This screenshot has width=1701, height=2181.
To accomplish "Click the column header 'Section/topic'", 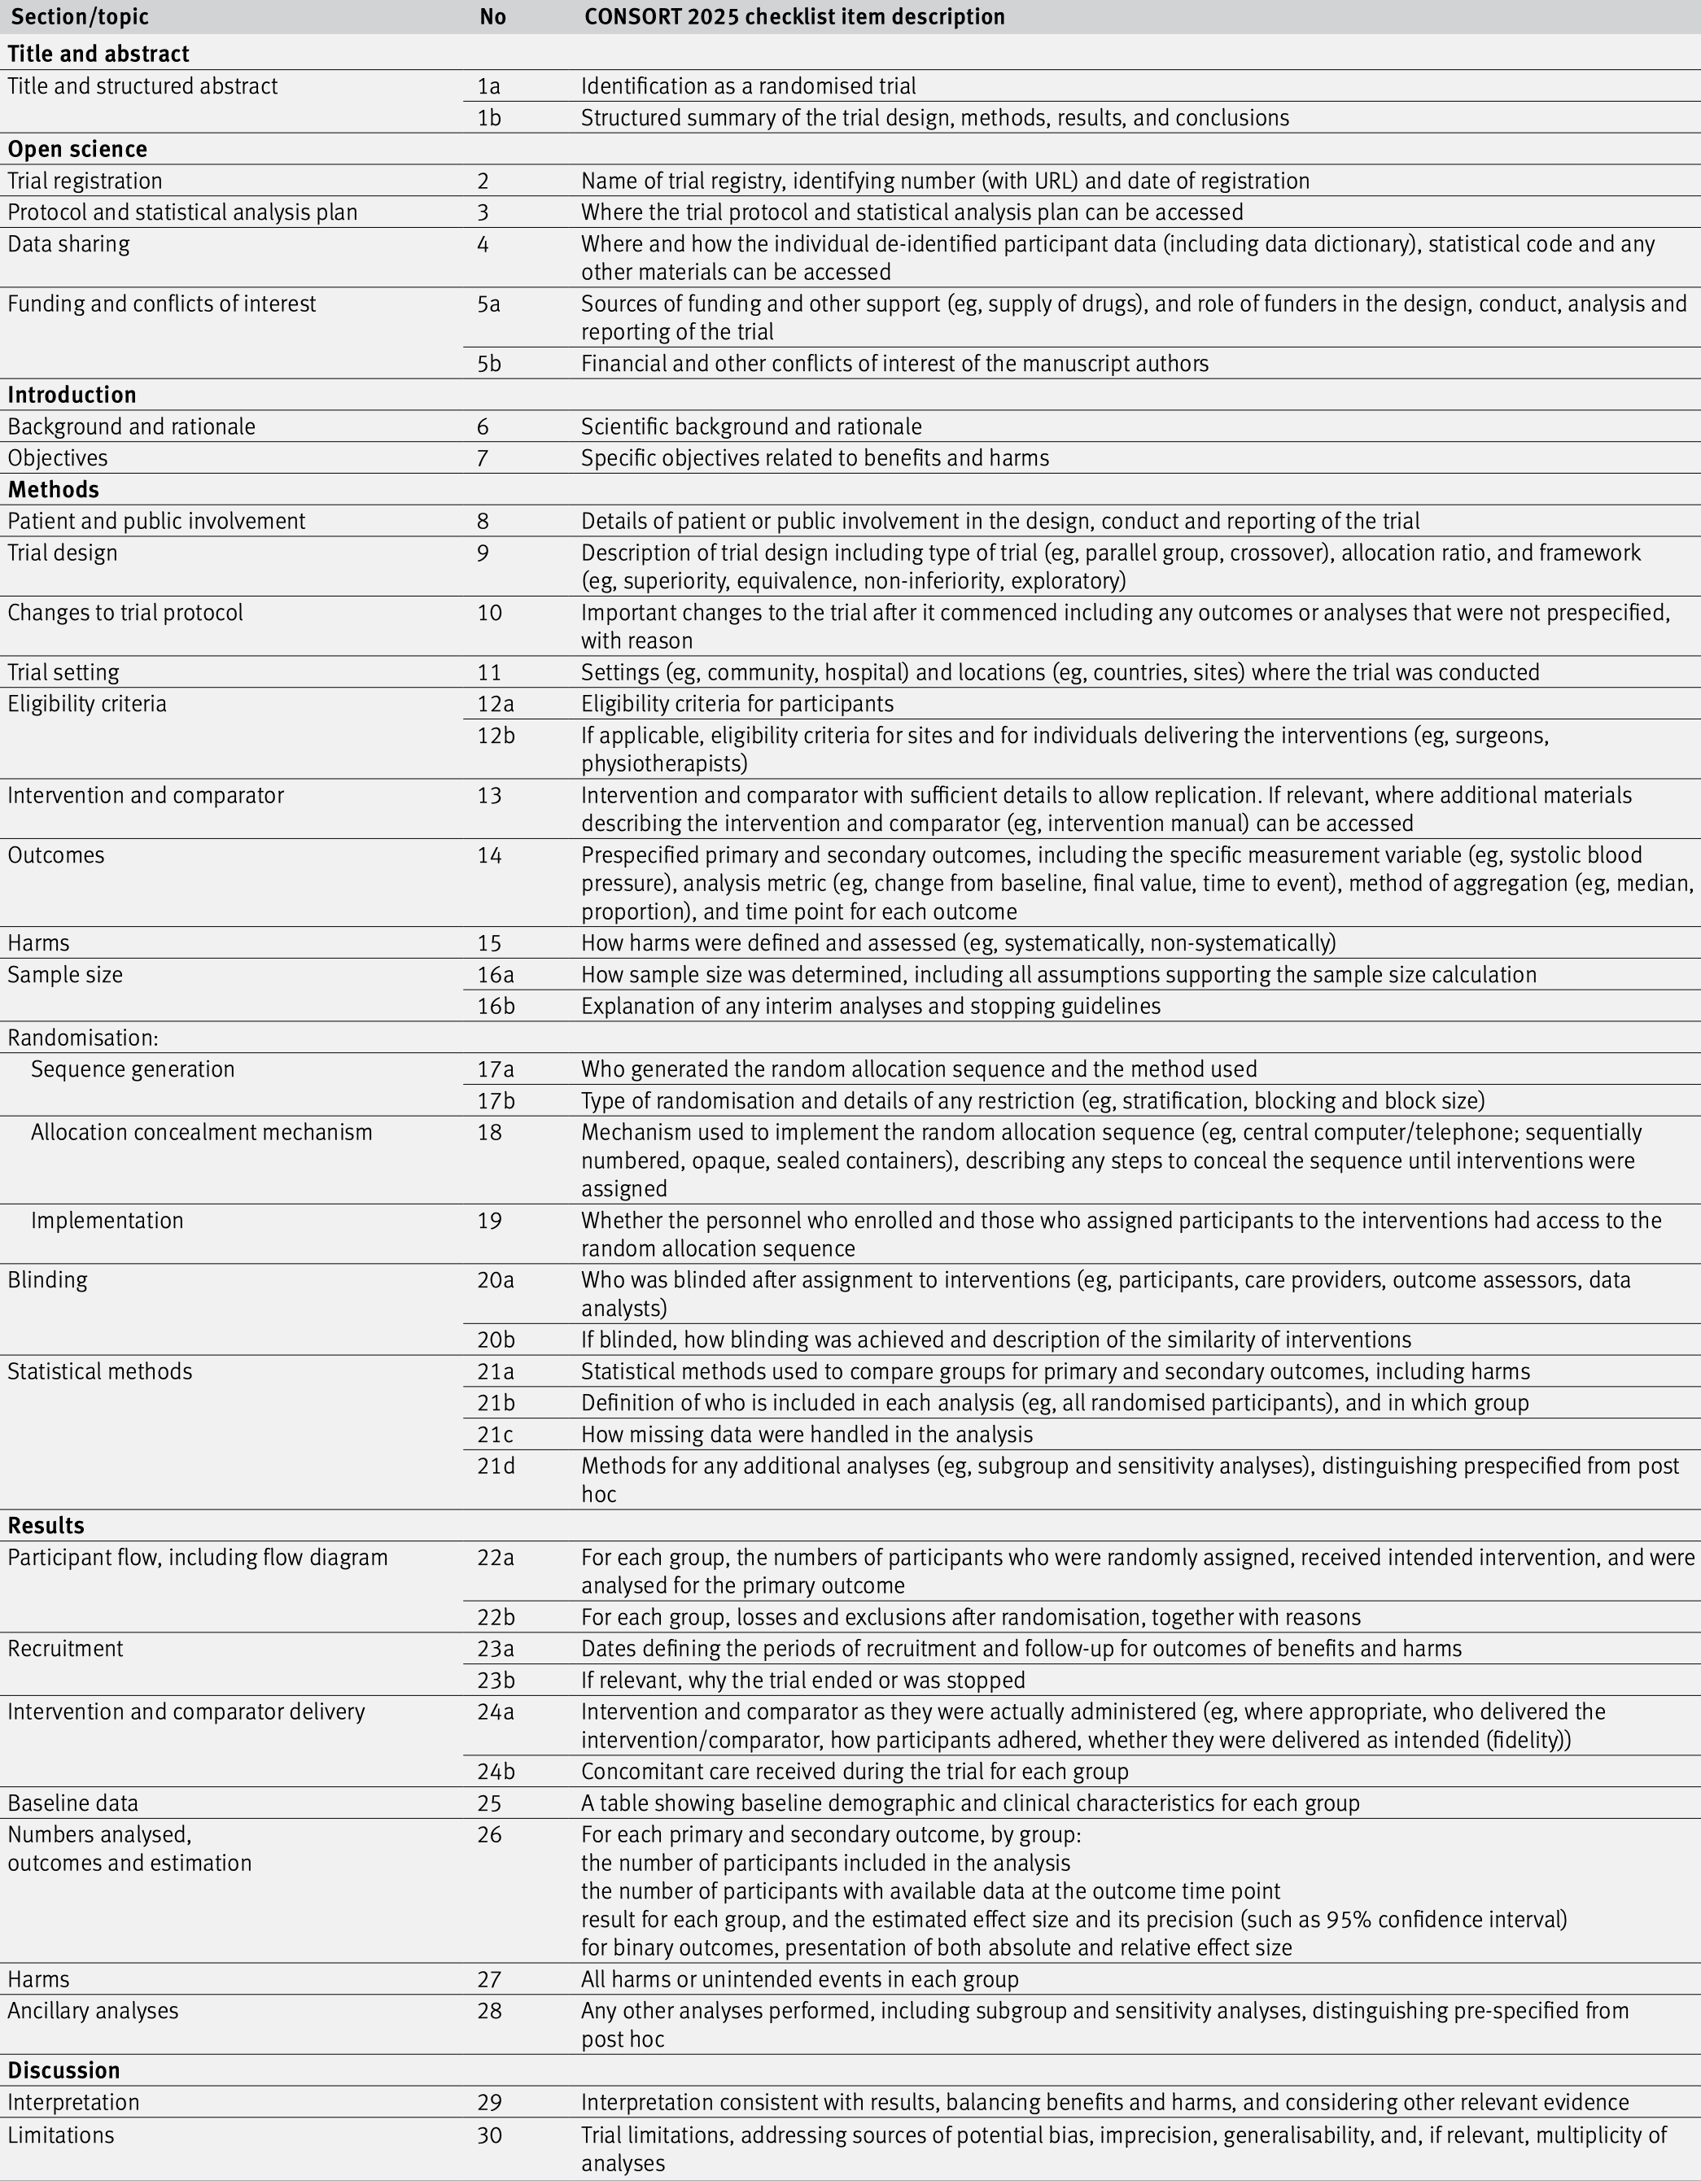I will pyautogui.click(x=79, y=17).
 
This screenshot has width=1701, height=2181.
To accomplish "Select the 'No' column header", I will pyautogui.click(x=492, y=17).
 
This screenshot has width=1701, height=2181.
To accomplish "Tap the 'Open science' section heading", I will pyautogui.click(x=77, y=149).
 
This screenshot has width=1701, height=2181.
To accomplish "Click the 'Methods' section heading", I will pyautogui.click(x=53, y=489).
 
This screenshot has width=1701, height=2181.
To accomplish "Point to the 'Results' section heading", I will pyautogui.click(x=46, y=1525).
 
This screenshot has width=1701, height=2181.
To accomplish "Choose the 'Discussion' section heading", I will pyautogui.click(x=63, y=2070).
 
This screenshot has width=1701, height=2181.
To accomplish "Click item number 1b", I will pyautogui.click(x=488, y=118).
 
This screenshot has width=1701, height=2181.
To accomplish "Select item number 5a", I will pyautogui.click(x=488, y=304).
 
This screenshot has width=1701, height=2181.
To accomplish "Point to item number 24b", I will pyautogui.click(x=496, y=1772).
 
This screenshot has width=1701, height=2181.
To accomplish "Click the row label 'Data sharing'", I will pyautogui.click(x=68, y=243).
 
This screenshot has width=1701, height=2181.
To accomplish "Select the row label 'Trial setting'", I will pyautogui.click(x=63, y=672).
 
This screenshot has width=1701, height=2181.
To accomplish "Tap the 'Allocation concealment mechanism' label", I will pyautogui.click(x=201, y=1133).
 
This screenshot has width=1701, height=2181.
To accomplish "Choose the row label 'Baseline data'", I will pyautogui.click(x=73, y=1803).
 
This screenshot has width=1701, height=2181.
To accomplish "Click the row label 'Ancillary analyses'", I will pyautogui.click(x=93, y=2010).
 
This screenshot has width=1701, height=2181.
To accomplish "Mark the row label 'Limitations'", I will pyautogui.click(x=60, y=2135).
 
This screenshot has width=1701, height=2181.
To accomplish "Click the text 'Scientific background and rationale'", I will pyautogui.click(x=751, y=426).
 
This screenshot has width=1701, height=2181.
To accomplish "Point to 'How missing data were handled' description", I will pyautogui.click(x=806, y=1434).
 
